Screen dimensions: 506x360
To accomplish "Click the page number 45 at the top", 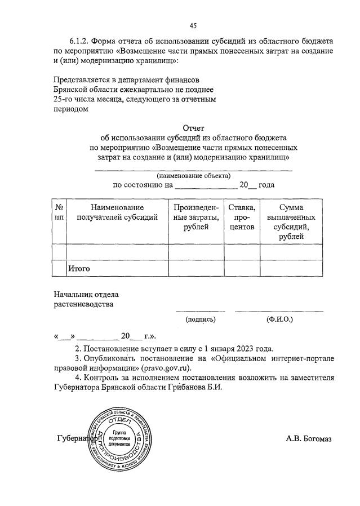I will coord(193,25).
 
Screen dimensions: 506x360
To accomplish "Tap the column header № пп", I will coord(59,212).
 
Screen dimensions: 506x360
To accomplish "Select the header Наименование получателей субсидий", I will coord(117,212).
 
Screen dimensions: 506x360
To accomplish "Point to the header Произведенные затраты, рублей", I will coord(196,217).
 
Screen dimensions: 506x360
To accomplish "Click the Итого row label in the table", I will coord(79,269).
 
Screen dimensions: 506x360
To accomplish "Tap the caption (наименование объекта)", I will coord(193,175).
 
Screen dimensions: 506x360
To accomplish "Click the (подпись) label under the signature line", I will coord(201,319).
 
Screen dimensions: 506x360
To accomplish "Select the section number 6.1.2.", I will coord(80,41).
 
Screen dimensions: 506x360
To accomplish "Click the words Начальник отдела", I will coord(86,295).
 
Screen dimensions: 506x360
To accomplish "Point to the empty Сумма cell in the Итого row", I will coord(291,269).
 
